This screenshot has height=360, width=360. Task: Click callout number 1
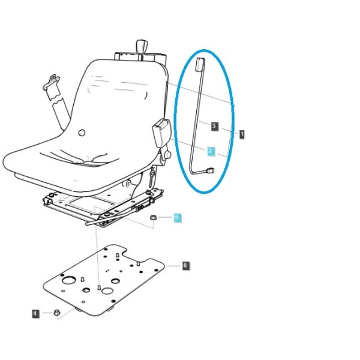click(242, 134)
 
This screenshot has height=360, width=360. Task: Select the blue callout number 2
click(211, 151)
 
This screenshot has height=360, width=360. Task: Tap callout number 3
click(214, 126)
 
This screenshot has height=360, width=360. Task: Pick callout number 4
click(35, 313)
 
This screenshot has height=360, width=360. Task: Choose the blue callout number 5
click(177, 217)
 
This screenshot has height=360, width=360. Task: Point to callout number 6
click(185, 266)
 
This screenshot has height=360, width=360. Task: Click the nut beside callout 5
click(153, 217)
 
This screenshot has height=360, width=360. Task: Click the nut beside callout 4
click(56, 313)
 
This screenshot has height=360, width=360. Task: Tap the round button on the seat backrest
click(82, 133)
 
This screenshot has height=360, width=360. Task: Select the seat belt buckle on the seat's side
click(161, 133)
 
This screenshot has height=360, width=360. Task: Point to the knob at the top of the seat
click(141, 47)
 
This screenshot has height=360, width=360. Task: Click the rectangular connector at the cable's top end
click(200, 65)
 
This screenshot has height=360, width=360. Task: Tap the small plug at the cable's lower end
click(211, 171)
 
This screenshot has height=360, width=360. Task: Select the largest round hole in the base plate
click(69, 280)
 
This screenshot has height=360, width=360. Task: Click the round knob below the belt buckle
click(168, 155)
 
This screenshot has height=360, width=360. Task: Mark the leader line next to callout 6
click(173, 266)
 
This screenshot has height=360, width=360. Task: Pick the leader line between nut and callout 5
click(165, 217)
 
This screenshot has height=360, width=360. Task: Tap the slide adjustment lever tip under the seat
click(87, 223)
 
